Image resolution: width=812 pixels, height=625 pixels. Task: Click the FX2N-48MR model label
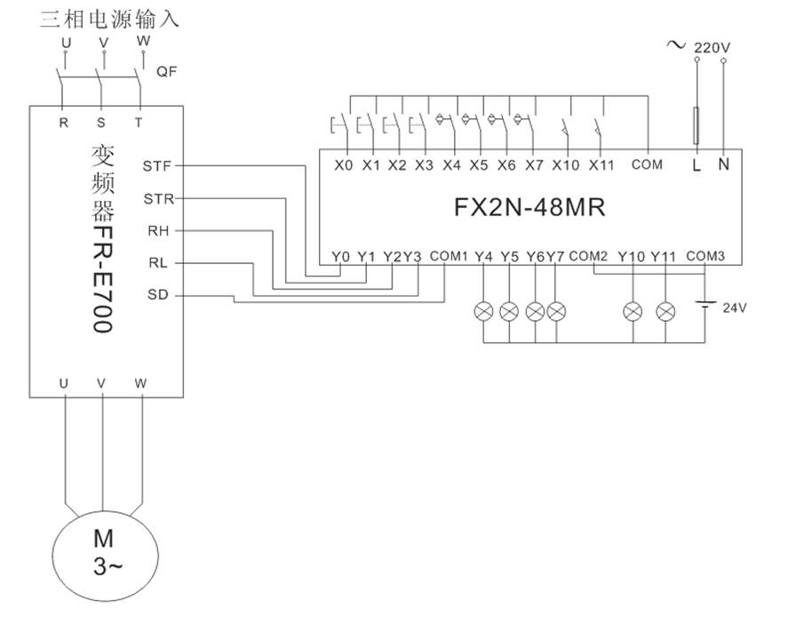(529, 208)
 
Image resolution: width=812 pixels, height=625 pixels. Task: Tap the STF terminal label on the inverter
(158, 165)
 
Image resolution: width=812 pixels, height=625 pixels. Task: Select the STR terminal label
(158, 198)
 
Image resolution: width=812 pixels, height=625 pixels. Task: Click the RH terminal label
(158, 230)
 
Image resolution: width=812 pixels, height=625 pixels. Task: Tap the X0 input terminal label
(344, 164)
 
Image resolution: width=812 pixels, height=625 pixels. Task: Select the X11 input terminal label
(601, 164)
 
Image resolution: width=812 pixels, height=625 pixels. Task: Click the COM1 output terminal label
(449, 256)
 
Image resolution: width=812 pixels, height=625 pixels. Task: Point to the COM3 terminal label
(706, 256)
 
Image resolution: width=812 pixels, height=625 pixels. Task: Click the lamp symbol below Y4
(484, 311)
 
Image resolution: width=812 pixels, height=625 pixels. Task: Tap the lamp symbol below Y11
(665, 311)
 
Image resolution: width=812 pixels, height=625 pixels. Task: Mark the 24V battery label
(735, 308)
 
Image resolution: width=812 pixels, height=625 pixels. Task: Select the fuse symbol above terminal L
(697, 125)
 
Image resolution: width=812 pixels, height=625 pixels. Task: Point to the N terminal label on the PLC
(723, 164)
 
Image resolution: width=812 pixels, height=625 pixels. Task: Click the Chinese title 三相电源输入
(109, 19)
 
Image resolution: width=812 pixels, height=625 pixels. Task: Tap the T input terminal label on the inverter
(139, 123)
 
